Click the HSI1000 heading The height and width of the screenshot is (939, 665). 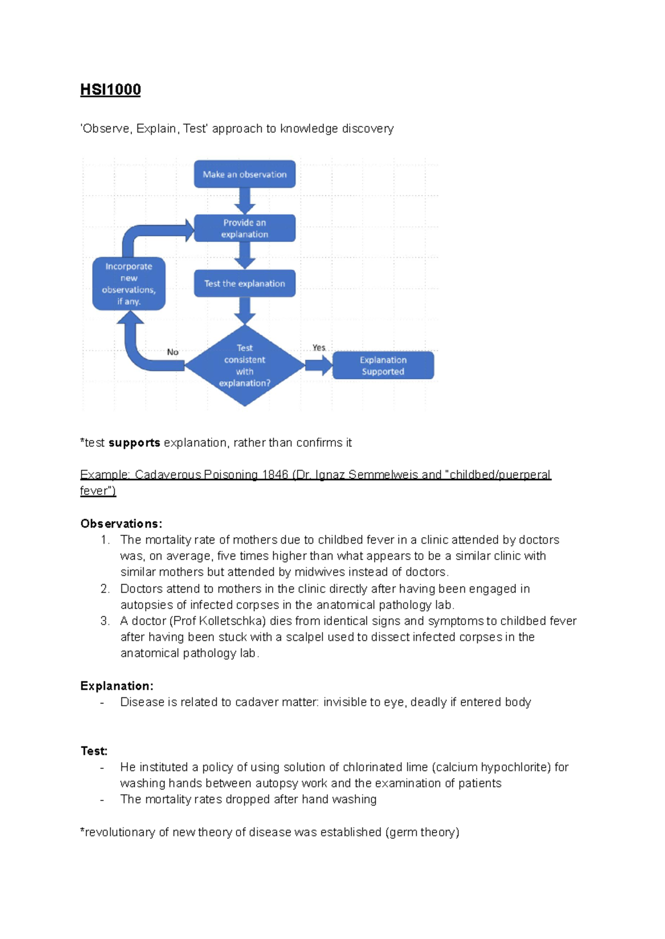point(110,89)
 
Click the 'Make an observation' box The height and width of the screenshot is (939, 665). point(244,174)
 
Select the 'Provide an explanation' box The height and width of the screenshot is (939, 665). point(244,228)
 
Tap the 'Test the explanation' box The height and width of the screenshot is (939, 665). point(244,283)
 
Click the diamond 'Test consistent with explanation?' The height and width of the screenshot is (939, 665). point(244,365)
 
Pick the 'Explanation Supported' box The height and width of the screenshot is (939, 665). point(383,365)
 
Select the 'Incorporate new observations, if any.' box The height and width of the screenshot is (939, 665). point(129,283)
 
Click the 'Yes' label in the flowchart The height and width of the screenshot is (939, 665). point(319,348)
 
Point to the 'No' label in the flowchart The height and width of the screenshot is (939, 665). point(172,352)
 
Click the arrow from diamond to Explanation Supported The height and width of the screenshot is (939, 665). point(318,365)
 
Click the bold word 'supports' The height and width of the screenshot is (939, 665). point(134,443)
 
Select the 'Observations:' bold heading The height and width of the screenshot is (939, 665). point(121,524)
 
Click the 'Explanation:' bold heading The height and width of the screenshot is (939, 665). point(117,686)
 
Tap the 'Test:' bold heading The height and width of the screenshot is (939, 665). point(94,751)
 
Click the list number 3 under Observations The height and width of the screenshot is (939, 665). point(105,621)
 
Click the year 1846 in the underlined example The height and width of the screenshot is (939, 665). point(275,475)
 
